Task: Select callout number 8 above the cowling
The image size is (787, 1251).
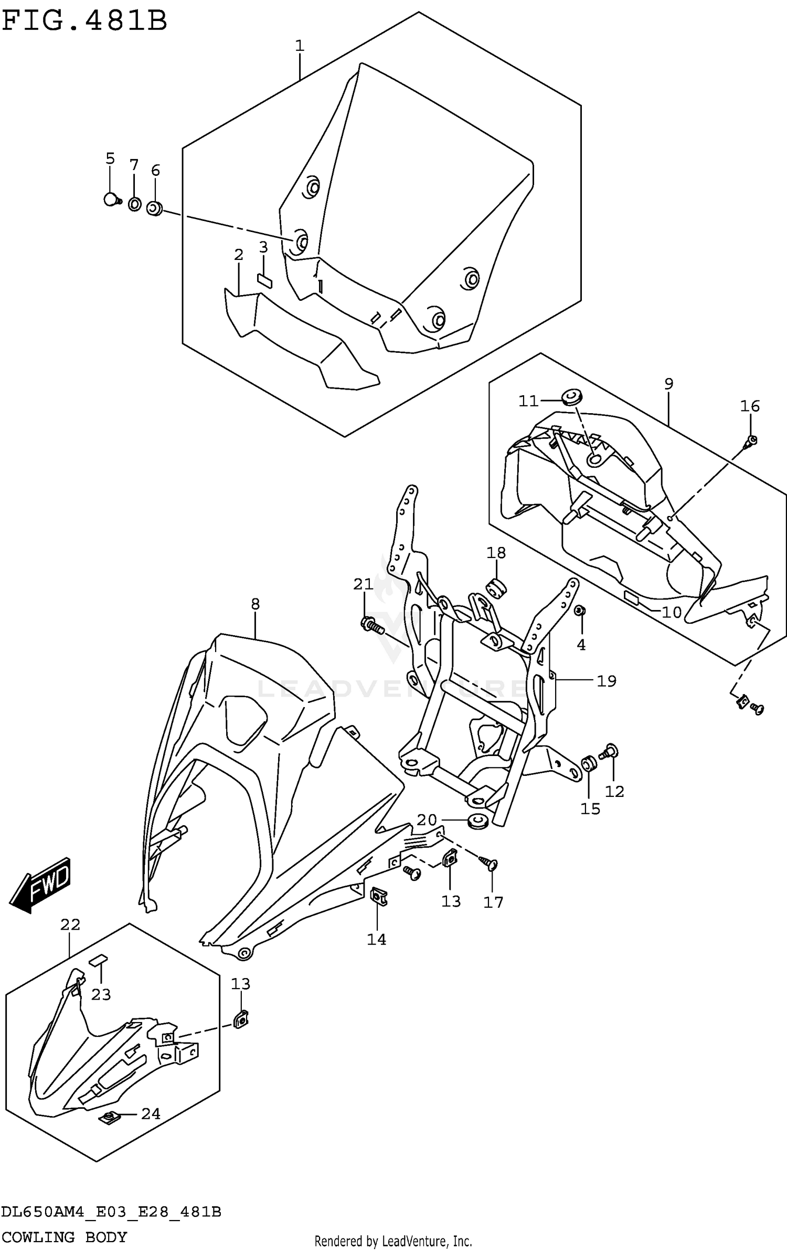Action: click(255, 604)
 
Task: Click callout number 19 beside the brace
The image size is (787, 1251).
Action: click(606, 681)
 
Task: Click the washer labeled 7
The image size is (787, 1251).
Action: click(134, 204)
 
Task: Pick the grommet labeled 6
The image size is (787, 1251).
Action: click(154, 208)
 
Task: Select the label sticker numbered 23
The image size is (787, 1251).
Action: click(98, 960)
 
